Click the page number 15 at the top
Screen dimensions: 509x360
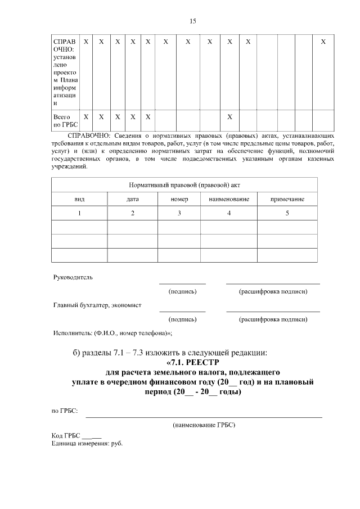click(x=192, y=21)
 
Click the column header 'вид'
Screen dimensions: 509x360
click(x=79, y=199)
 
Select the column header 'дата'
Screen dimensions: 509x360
click(x=132, y=199)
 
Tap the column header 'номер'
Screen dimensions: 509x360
click(x=179, y=199)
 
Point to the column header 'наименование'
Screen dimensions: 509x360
click(x=228, y=199)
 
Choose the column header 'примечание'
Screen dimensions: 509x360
click(x=287, y=199)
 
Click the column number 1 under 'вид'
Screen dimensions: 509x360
click(x=79, y=213)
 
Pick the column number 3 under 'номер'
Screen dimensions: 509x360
click(x=179, y=213)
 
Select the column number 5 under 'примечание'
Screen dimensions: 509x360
click(x=287, y=213)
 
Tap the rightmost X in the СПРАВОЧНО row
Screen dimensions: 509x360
click(x=323, y=42)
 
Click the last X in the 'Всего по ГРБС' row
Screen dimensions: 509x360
click(x=229, y=117)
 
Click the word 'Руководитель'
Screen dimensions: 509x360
click(x=73, y=277)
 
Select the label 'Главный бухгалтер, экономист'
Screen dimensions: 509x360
click(x=97, y=305)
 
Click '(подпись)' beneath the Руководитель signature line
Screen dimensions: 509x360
click(x=182, y=292)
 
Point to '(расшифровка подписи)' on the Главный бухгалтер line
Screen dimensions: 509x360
click(x=273, y=319)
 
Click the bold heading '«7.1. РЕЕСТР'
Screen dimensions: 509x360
click(x=192, y=363)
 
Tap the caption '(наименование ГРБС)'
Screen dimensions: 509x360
click(x=204, y=425)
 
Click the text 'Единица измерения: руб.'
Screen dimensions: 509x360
click(x=87, y=443)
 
